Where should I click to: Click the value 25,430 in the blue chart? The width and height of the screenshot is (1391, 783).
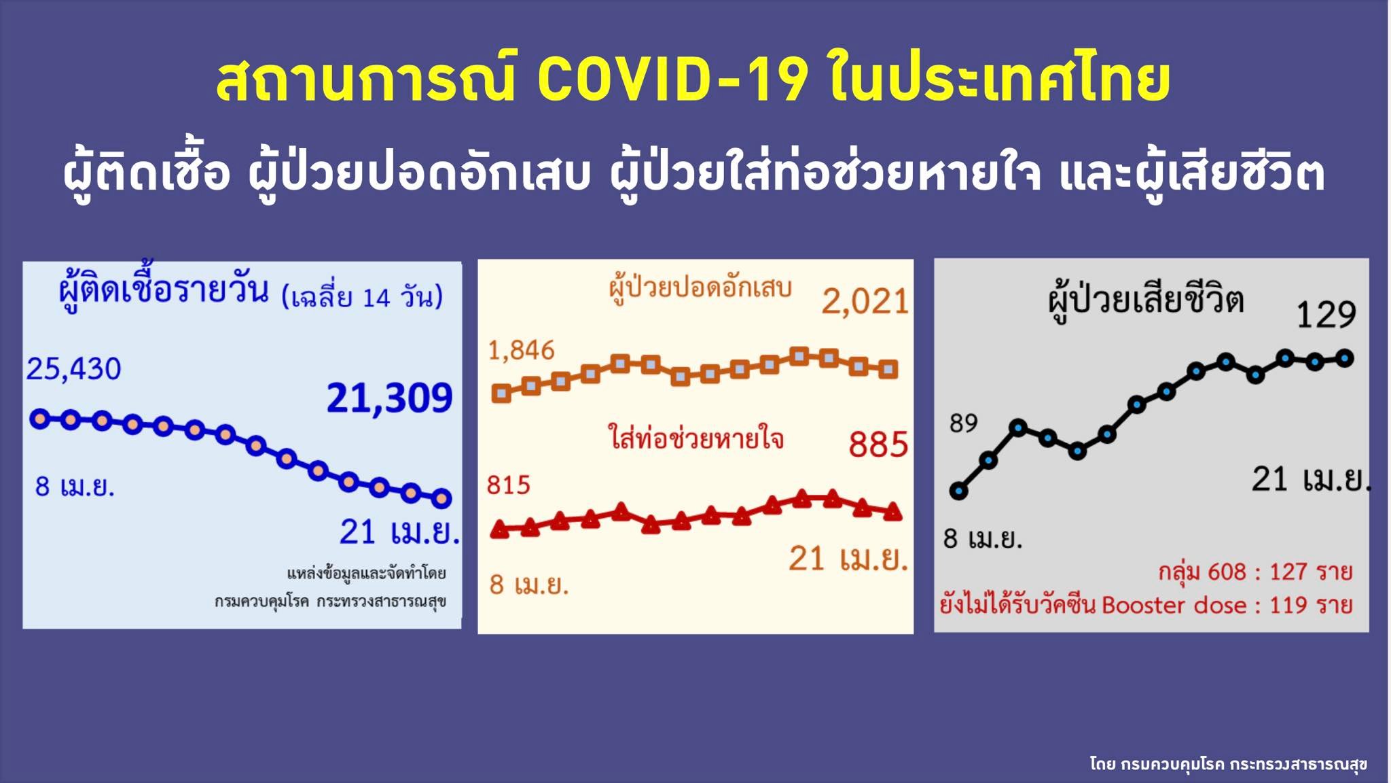73,369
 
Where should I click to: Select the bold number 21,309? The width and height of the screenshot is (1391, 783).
389,398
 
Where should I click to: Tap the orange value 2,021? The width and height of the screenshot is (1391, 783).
865,302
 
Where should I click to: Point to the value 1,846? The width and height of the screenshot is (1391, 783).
522,351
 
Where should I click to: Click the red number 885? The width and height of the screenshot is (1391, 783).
878,445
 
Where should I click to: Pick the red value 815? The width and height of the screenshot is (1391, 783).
508,485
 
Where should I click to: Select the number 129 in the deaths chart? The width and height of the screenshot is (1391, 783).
1326,315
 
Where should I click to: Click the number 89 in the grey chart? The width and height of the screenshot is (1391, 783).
963,423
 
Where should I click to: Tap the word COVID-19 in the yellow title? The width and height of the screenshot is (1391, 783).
673,80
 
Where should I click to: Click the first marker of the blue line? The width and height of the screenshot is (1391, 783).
40,419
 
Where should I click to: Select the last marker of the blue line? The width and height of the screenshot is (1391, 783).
441,498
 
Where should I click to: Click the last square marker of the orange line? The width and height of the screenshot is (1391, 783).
888,369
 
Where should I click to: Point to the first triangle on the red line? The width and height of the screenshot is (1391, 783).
500,528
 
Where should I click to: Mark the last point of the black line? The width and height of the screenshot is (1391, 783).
1345,358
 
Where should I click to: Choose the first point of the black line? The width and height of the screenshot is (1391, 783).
958,491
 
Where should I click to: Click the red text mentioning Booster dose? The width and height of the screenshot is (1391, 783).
1146,605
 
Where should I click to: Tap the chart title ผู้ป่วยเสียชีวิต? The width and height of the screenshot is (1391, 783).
1146,300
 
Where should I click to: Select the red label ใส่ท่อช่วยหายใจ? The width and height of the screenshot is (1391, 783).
696,438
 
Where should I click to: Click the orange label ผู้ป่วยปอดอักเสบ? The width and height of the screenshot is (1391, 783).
700,288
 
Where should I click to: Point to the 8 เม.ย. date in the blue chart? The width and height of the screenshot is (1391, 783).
75,487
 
